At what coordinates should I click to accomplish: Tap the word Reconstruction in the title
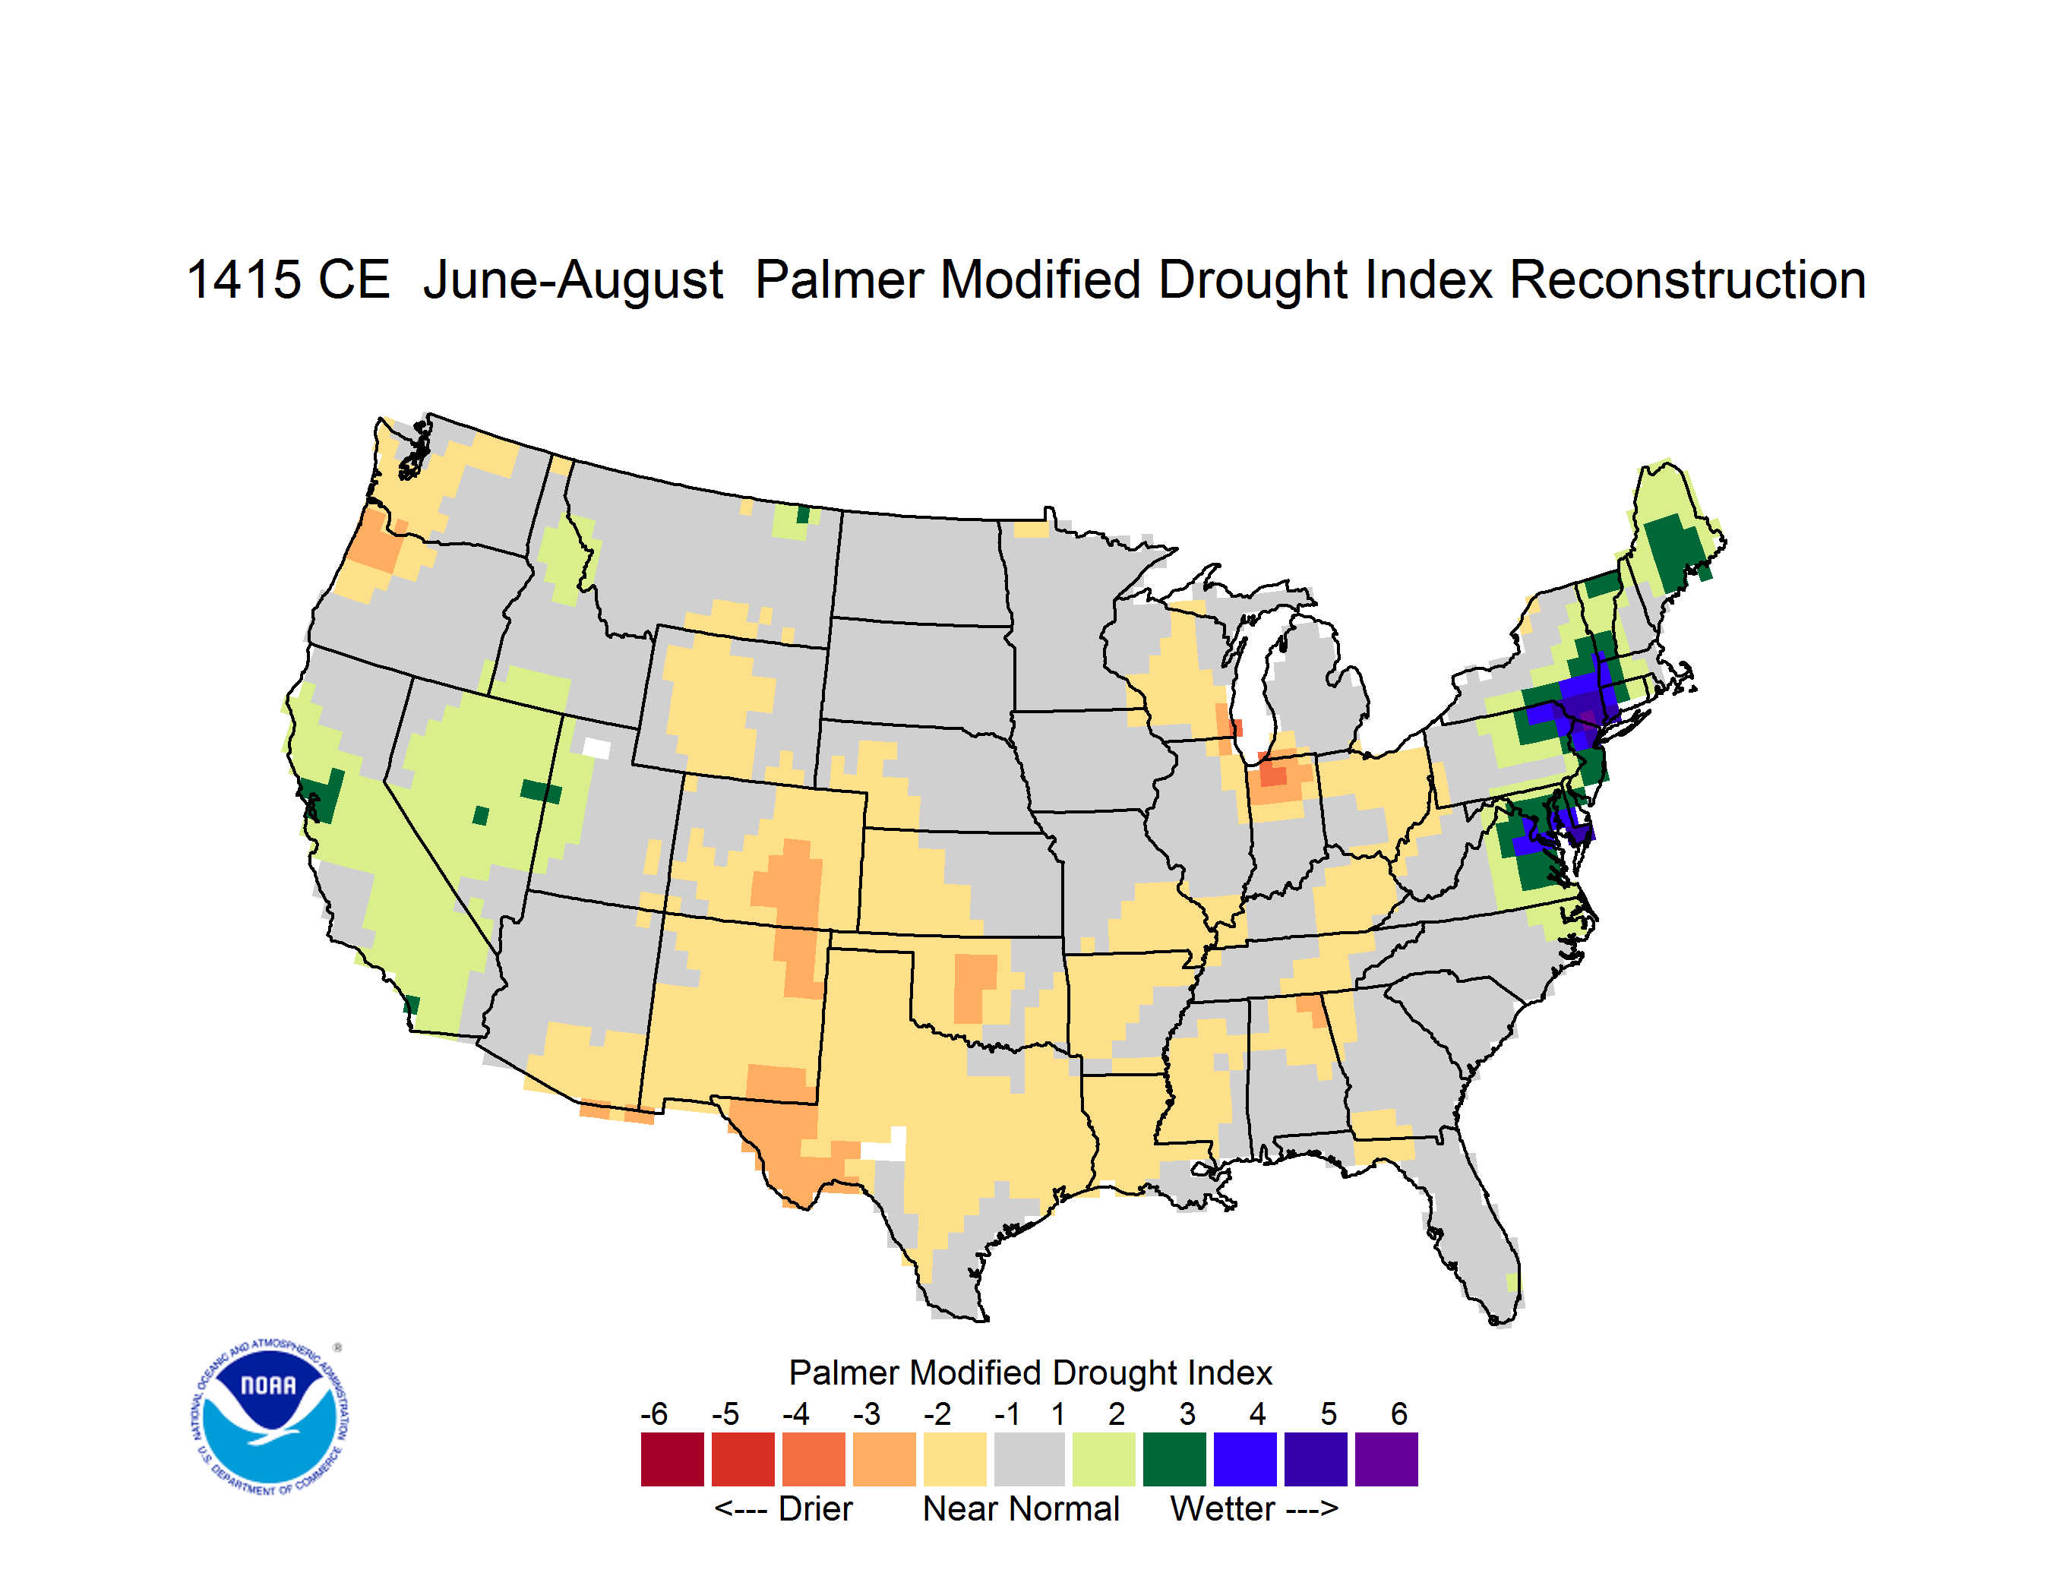1686,280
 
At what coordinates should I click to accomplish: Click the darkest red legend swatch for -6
672,1459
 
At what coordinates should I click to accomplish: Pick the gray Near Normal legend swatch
1029,1459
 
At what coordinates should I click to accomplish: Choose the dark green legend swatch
1174,1459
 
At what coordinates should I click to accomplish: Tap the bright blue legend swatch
1245,1459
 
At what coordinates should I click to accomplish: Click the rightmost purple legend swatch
1386,1459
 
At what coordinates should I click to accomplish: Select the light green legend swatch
1104,1459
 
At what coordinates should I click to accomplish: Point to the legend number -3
866,1413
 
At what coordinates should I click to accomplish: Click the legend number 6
1398,1413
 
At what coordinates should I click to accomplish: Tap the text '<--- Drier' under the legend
783,1508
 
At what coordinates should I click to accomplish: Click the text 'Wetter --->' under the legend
1253,1508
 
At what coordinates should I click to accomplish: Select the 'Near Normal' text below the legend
1021,1508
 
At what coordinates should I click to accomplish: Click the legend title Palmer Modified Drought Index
1030,1372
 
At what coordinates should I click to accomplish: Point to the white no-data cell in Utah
597,748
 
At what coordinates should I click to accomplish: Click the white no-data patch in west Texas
886,1145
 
